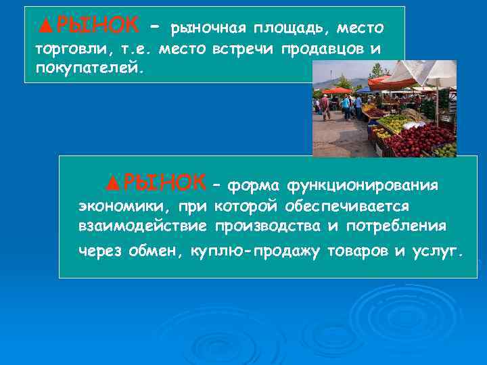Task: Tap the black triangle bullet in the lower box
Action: click(x=113, y=182)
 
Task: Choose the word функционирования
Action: click(x=363, y=185)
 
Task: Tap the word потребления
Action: click(x=405, y=225)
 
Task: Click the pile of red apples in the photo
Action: click(x=419, y=139)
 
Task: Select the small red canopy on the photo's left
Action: click(x=336, y=90)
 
